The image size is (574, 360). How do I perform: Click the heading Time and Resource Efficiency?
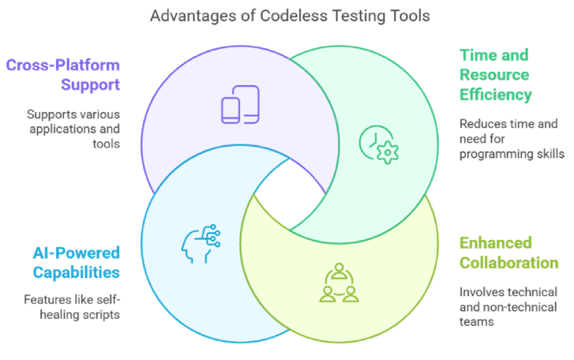point(495,76)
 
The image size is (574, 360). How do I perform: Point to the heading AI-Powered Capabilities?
point(76,263)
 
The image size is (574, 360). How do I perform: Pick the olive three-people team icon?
point(339,283)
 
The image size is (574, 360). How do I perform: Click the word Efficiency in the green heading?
point(496,95)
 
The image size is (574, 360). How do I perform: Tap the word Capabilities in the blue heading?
point(76,273)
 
